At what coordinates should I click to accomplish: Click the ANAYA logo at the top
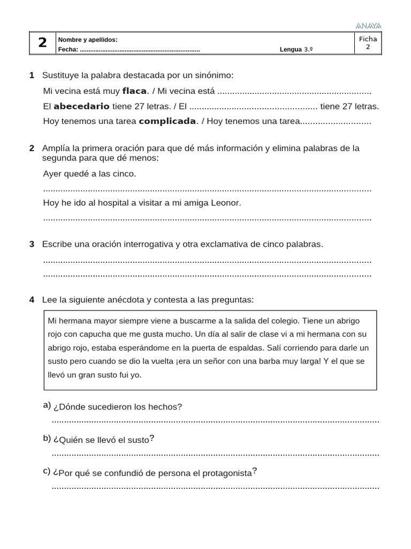coord(368,26)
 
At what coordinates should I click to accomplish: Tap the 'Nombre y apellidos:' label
coord(88,40)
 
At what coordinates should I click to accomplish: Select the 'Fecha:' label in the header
coord(68,50)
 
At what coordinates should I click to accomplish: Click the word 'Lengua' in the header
coord(291,50)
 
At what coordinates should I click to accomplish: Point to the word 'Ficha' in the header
coord(368,39)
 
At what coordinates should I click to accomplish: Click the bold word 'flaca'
coord(134,91)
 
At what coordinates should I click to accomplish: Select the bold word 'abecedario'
coord(81,106)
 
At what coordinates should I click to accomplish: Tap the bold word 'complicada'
coord(167,121)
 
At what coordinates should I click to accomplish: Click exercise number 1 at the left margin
coord(32,75)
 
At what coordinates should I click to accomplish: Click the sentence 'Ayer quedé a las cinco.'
coord(89,174)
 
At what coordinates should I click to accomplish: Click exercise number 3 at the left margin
coord(32,244)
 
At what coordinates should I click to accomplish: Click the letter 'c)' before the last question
coord(47,471)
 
